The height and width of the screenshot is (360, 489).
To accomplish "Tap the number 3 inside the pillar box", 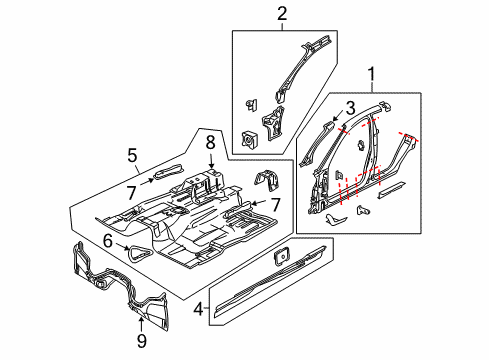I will coord(351,108).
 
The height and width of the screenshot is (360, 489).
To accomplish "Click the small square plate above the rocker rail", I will coord(281,255).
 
